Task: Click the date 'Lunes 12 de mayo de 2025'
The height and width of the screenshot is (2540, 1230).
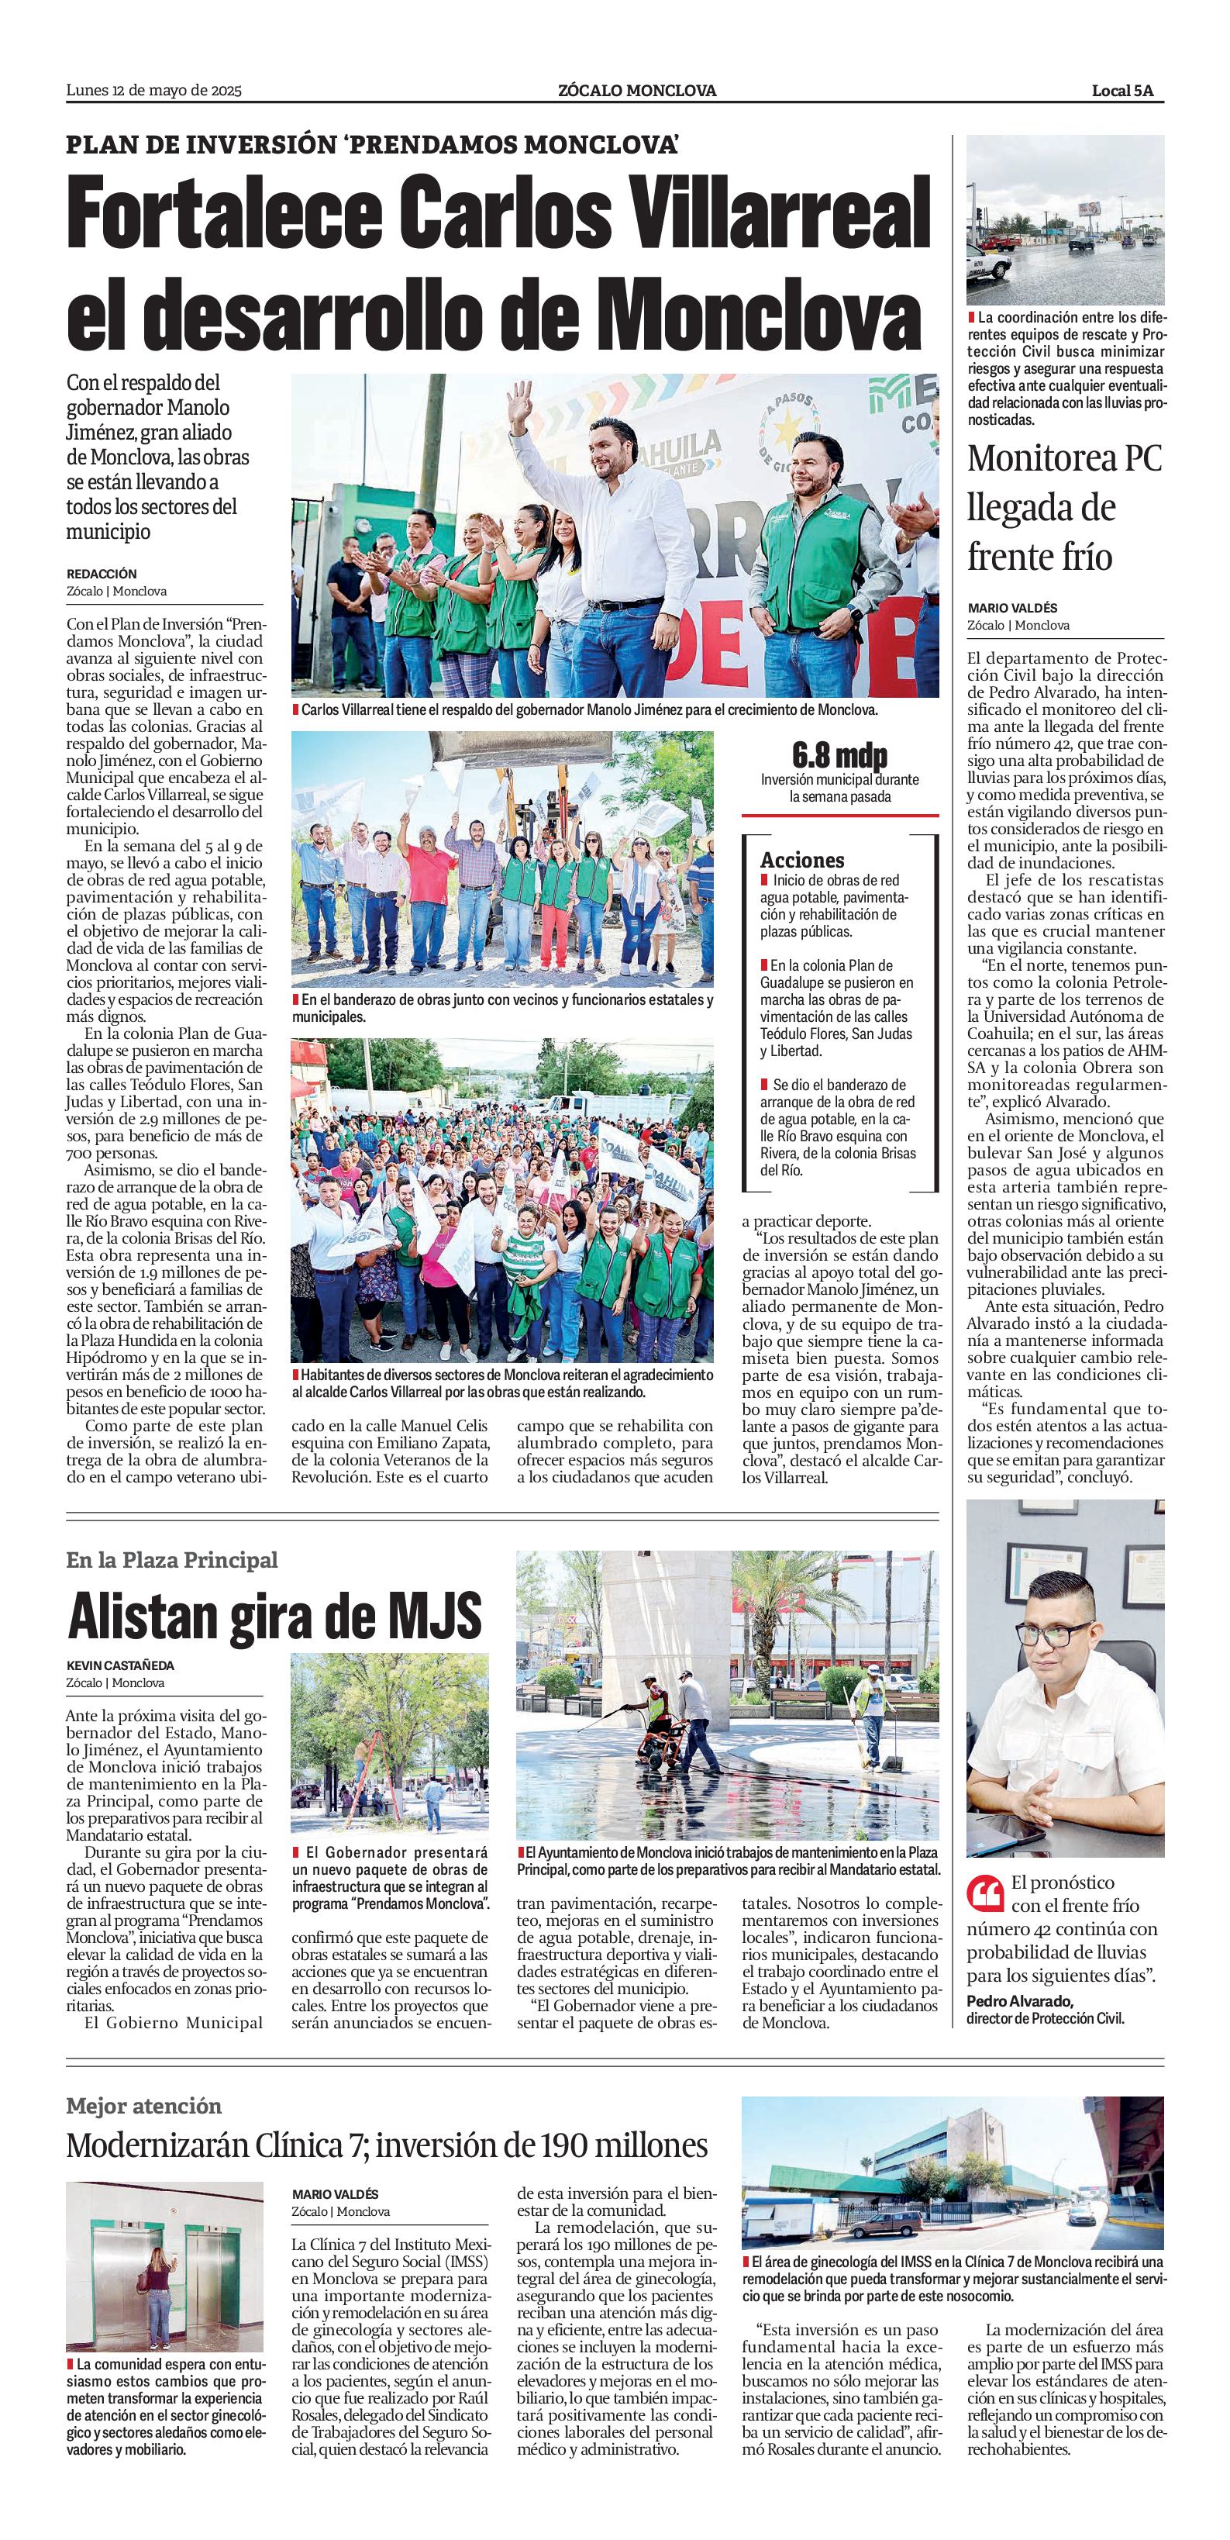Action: [x=153, y=91]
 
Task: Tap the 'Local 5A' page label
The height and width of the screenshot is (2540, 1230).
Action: [x=1121, y=91]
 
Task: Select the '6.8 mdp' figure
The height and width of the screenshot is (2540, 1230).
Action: [x=839, y=756]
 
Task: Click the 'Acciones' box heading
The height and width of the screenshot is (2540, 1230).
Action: [x=802, y=860]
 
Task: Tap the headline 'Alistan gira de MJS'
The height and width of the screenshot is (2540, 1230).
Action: [x=275, y=1617]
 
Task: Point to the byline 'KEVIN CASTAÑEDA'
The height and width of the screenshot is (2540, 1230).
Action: [x=120, y=1665]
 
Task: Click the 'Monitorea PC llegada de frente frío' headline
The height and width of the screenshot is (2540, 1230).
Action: [x=1064, y=507]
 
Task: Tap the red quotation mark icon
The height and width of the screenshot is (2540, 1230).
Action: [x=986, y=1892]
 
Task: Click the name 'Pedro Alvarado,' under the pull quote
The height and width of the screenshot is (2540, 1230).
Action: [x=1019, y=2000]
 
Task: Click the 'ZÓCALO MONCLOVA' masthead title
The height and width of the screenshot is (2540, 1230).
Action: [x=636, y=91]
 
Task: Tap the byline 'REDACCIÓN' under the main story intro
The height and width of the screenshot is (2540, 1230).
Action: [x=102, y=574]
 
